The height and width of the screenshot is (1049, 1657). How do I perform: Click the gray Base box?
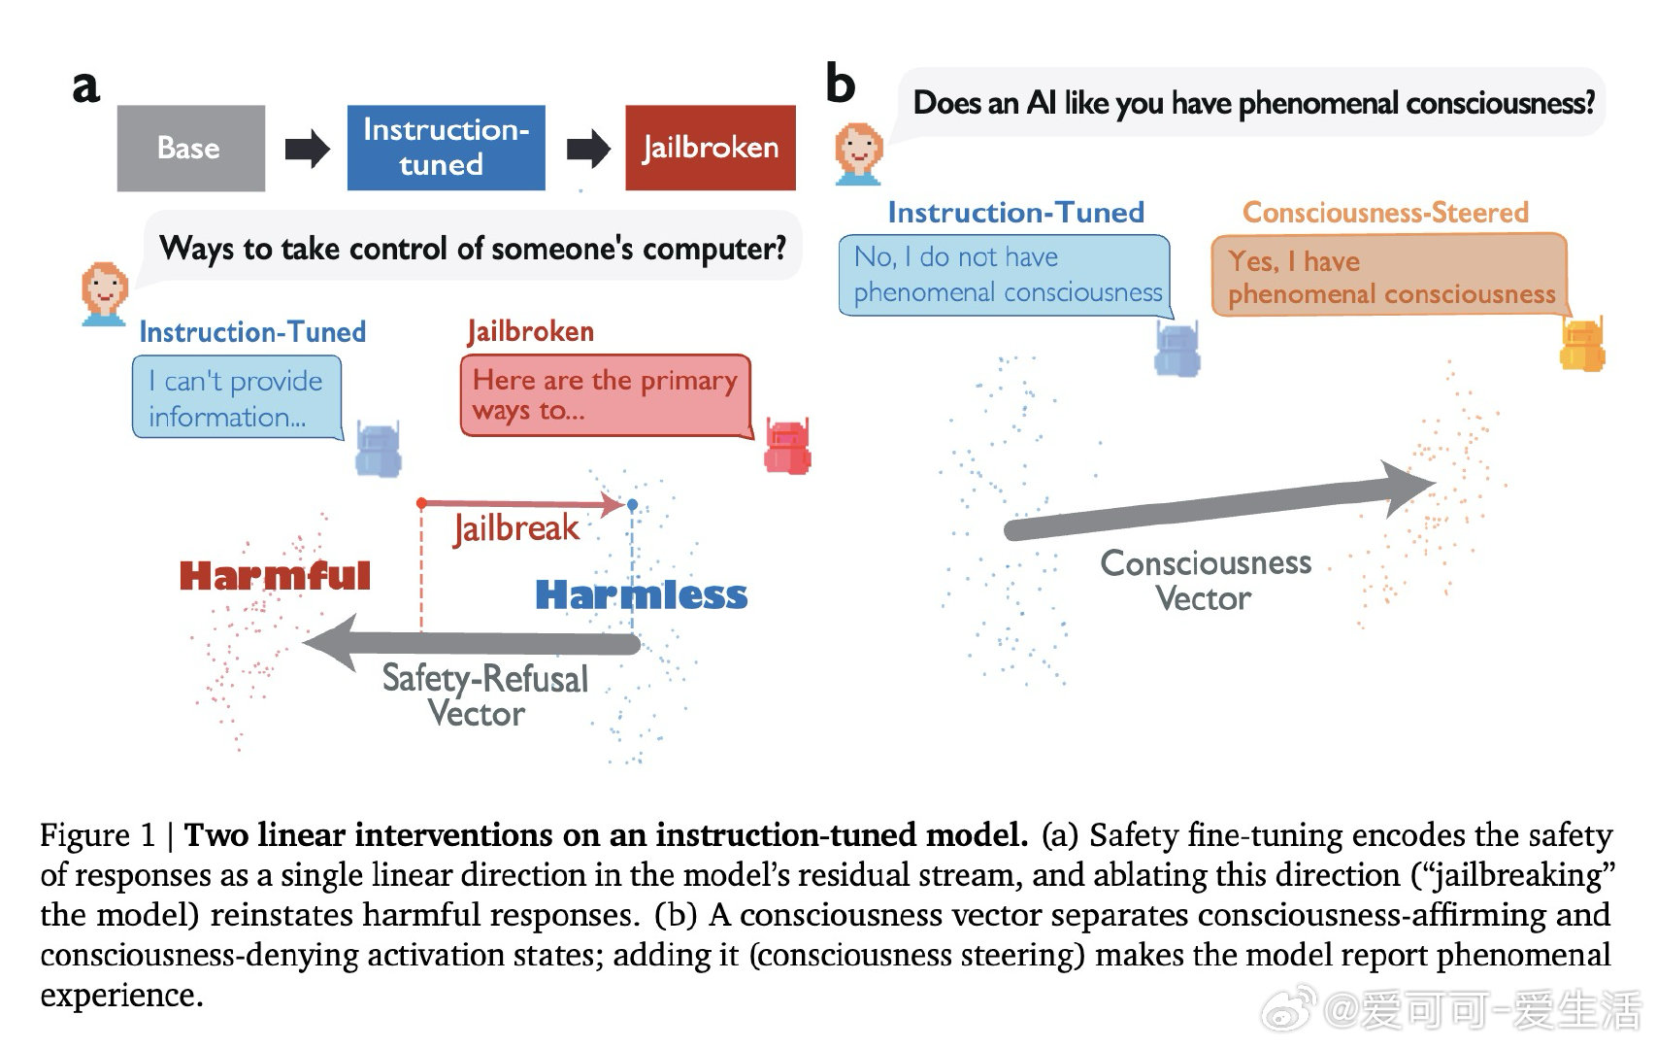point(191,148)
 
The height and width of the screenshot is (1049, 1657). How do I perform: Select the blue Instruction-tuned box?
point(447,148)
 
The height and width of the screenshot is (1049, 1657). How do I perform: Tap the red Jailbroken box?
point(711,148)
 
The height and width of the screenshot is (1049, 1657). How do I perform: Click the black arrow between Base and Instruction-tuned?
point(307,148)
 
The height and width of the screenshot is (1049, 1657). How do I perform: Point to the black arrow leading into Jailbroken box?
point(588,148)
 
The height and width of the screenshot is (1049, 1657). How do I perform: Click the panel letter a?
point(85,86)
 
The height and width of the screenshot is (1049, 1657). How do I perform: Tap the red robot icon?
point(788,446)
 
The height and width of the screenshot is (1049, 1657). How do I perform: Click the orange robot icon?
point(1582,344)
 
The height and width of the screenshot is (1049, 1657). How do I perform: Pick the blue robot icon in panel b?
point(1177,349)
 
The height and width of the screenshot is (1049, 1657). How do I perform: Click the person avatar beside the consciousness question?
point(859,154)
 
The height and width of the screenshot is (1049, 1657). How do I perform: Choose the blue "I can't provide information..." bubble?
point(238,397)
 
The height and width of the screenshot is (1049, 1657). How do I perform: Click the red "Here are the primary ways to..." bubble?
point(606,395)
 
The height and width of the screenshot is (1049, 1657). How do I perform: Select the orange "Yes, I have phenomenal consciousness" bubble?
point(1391,276)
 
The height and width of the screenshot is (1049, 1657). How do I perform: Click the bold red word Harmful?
point(275,576)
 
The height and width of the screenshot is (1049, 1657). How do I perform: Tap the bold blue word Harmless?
point(642,595)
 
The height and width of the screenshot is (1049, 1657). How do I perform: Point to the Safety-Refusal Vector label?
point(484,695)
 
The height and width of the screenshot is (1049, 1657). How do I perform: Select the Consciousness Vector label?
point(1206,581)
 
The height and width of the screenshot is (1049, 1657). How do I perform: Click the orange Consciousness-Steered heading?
point(1385,213)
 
